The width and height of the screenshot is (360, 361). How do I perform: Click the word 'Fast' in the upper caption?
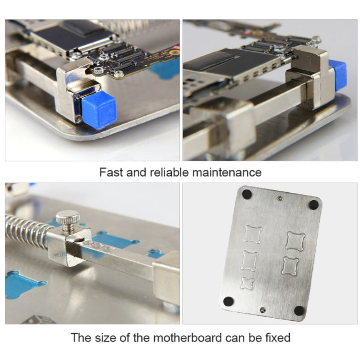coord(110,172)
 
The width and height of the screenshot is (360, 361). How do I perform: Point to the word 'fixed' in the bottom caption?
coord(275,338)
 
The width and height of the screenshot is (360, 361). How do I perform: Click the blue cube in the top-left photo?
coord(100,110)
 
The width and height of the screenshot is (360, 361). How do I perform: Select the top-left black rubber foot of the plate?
coord(246,194)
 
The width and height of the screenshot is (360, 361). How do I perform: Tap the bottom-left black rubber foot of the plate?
coord(229,301)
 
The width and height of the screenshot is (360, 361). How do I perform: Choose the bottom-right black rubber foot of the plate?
coord(299,311)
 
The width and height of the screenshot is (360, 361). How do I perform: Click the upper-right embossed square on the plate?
coord(295,240)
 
